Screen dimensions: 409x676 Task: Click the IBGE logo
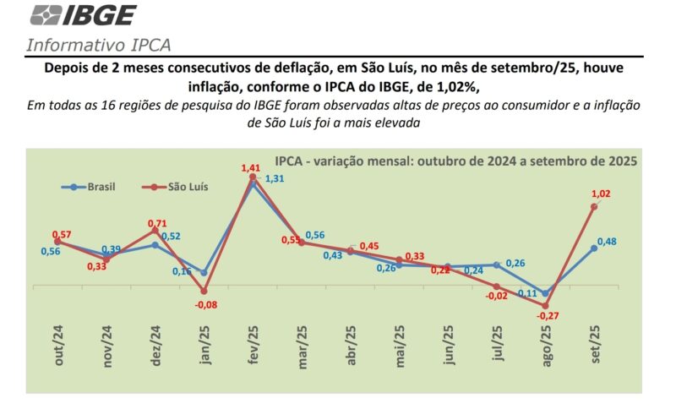82,15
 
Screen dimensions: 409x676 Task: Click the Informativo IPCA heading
102,46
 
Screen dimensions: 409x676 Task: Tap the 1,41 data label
251,167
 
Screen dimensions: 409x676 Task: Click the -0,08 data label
205,304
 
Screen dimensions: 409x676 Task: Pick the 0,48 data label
607,242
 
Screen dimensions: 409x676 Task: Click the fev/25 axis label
252,345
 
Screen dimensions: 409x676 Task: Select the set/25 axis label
594,345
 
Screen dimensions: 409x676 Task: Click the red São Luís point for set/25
594,206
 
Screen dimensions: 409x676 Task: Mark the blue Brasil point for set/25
594,248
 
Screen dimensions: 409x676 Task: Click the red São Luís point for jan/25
204,291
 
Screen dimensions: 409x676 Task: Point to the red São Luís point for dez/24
155,229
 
